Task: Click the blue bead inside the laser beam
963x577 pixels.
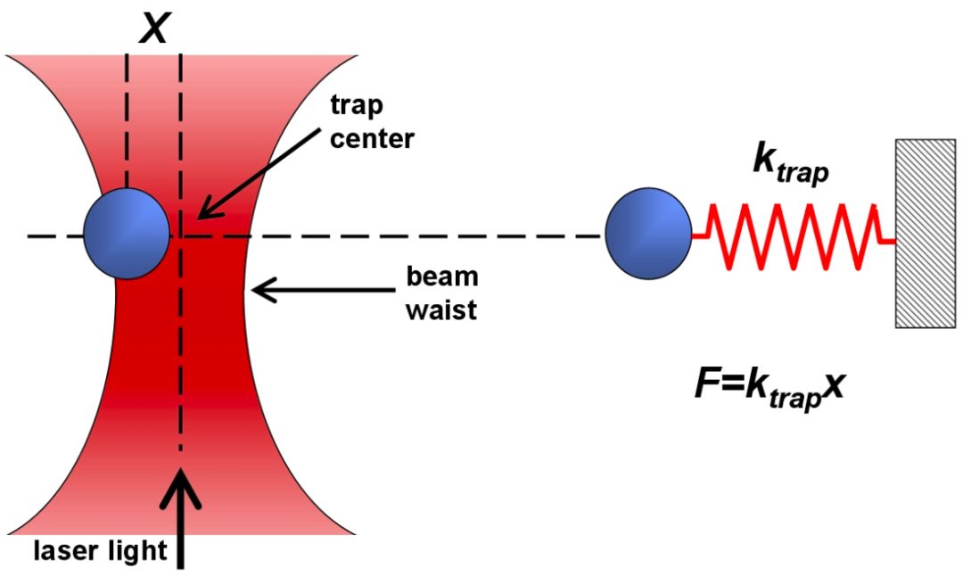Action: [127, 234]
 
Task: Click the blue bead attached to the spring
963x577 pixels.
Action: [648, 234]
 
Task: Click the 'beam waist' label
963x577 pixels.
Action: [436, 293]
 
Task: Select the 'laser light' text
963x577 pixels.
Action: [100, 550]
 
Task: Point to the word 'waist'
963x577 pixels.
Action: [436, 309]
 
